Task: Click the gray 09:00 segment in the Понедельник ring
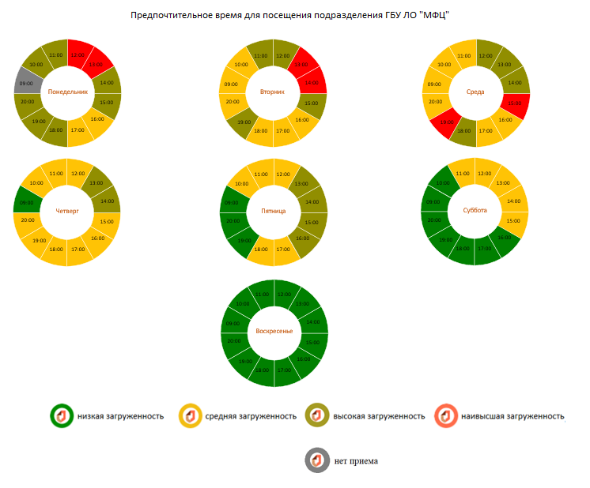pyautogui.click(x=26, y=81)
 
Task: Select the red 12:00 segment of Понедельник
pyautogui.click(x=78, y=54)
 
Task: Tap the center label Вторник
pyautogui.click(x=273, y=92)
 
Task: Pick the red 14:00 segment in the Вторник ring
pyautogui.click(x=311, y=82)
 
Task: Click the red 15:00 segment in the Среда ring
pyautogui.click(x=515, y=103)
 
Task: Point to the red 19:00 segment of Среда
pyautogui.click(x=446, y=122)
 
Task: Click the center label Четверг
pyautogui.click(x=67, y=211)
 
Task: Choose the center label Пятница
pyautogui.click(x=273, y=211)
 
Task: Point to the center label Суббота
pyautogui.click(x=475, y=211)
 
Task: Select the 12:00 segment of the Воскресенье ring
pyautogui.click(x=283, y=294)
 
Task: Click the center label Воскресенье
pyautogui.click(x=273, y=332)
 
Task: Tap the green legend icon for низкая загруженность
pyautogui.click(x=61, y=415)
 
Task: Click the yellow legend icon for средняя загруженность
pyautogui.click(x=190, y=415)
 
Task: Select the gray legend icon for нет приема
pyautogui.click(x=316, y=460)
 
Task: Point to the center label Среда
pyautogui.click(x=475, y=92)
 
